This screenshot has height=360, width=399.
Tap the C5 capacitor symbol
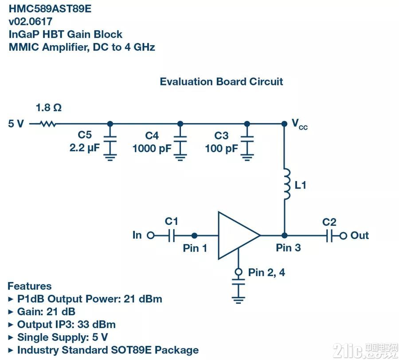(110, 143)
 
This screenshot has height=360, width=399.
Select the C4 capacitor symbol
(180, 143)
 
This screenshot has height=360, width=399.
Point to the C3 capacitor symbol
(247, 143)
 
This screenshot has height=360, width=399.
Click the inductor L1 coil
(287, 184)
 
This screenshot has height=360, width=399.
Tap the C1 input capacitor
(172, 236)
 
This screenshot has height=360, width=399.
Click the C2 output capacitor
(329, 236)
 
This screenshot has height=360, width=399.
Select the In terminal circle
(151, 236)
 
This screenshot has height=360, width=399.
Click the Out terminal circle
(343, 236)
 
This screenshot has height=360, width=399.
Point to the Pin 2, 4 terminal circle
(239, 272)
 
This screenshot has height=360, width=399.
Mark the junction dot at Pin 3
(285, 236)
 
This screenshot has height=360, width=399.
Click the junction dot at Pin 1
(194, 236)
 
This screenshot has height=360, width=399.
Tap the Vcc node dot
(285, 124)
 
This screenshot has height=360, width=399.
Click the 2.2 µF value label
(85, 148)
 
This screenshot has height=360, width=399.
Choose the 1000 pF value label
(152, 148)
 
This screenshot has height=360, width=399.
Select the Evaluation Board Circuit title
(221, 81)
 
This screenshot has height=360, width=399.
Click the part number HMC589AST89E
(50, 9)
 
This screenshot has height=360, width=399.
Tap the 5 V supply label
(16, 124)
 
